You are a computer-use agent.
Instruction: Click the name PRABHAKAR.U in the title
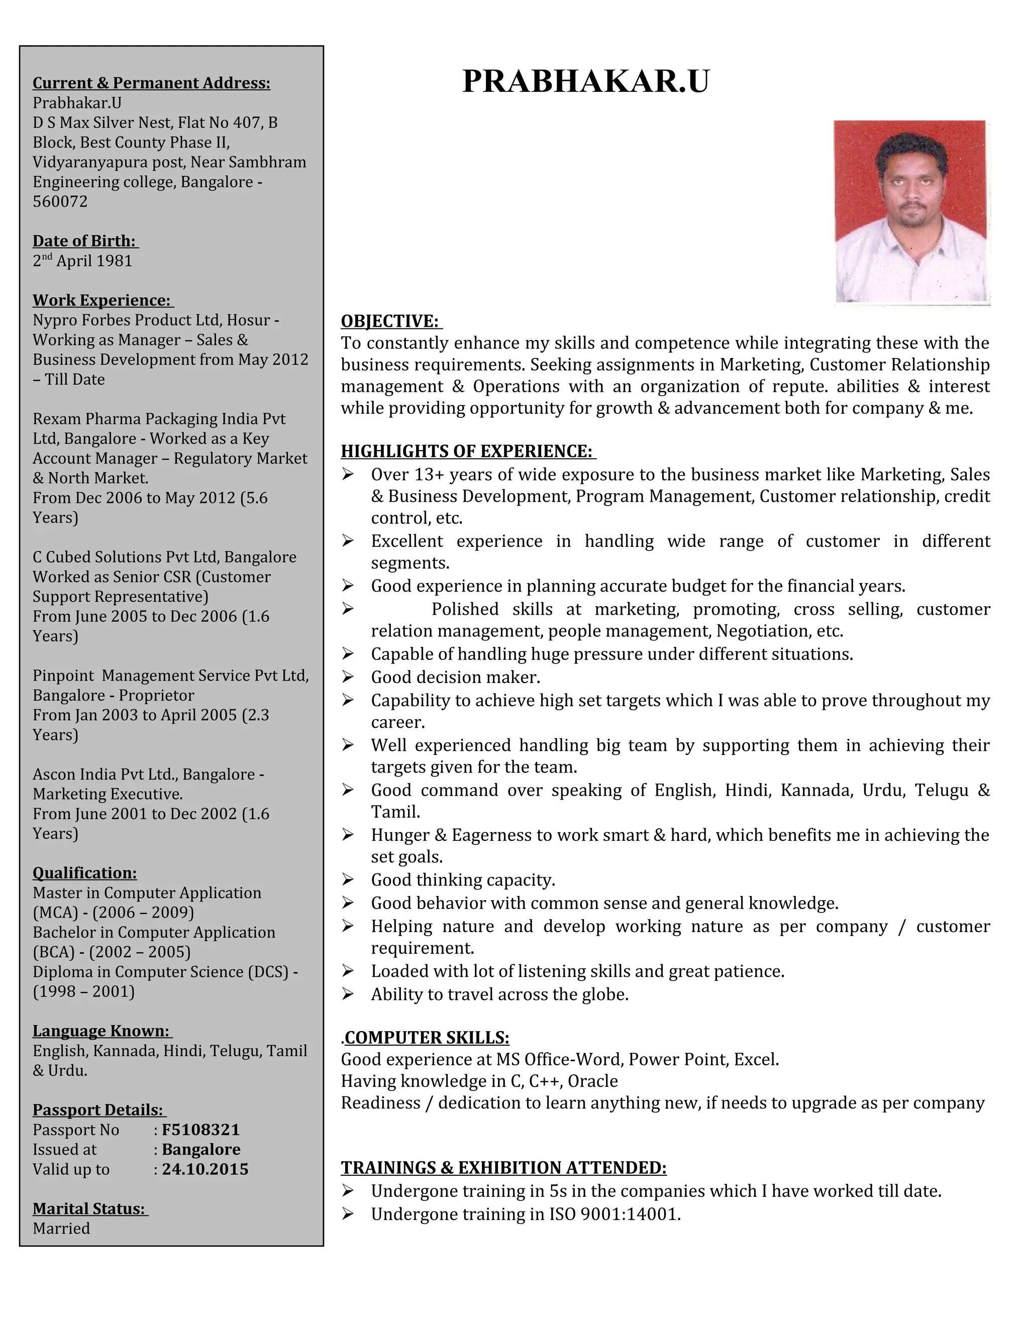(585, 81)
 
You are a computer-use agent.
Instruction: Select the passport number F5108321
(200, 1129)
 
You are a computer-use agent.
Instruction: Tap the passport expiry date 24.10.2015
(205, 1169)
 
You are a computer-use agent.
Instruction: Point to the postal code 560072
(60, 202)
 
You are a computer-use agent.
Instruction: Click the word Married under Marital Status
(61, 1228)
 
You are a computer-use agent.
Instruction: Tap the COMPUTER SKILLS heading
(427, 1037)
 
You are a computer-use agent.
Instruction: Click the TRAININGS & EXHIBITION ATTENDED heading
(503, 1168)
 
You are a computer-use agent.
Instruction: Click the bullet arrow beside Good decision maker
(348, 677)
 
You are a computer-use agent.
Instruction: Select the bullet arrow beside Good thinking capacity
(348, 879)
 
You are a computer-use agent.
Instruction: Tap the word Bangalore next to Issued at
(201, 1149)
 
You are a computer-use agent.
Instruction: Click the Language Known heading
(100, 1031)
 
